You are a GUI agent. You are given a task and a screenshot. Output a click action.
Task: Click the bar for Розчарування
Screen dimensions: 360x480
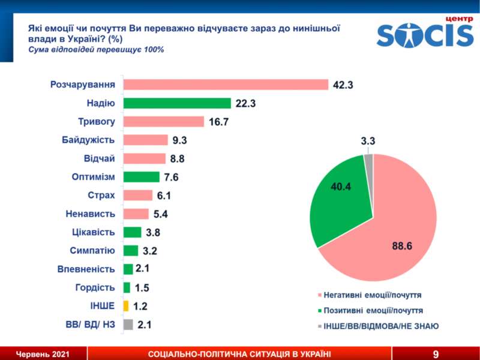[x=226, y=85]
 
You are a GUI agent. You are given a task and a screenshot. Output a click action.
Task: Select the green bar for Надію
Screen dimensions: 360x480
[x=177, y=103]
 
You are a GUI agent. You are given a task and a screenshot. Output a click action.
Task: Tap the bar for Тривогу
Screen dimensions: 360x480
[x=164, y=122]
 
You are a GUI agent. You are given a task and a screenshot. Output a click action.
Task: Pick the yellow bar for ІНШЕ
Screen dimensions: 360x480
[x=126, y=306]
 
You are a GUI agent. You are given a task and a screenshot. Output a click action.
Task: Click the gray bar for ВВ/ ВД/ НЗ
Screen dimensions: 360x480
[x=128, y=325]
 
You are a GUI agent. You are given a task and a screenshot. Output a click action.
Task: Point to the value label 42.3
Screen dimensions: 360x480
[x=343, y=85]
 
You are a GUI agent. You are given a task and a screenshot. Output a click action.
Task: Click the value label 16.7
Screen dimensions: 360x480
[x=219, y=122]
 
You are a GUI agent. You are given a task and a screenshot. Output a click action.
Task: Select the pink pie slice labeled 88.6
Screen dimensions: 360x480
[x=396, y=234]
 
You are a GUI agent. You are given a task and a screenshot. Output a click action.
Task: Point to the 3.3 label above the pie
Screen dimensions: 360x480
[x=368, y=142]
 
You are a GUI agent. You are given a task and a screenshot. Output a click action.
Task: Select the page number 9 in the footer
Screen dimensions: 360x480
[x=435, y=354]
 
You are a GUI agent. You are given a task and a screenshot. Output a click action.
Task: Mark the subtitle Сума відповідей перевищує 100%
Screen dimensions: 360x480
[x=97, y=49]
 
